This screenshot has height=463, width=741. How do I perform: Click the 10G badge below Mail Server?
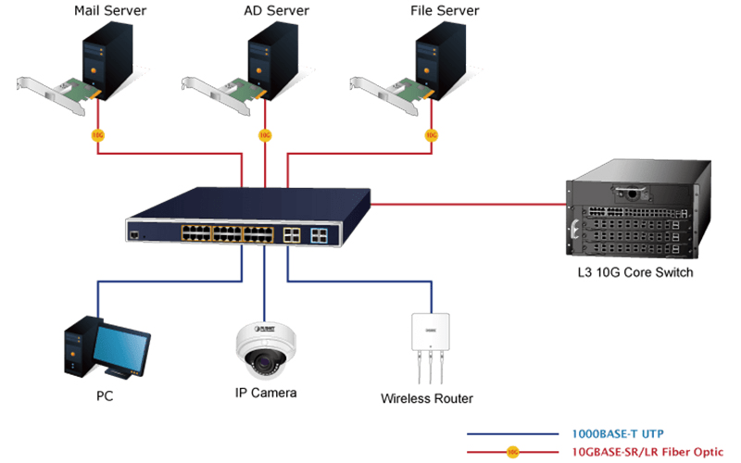tap(98, 135)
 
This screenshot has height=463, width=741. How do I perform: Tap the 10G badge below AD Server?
tap(265, 135)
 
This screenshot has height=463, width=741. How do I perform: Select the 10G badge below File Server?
tap(432, 135)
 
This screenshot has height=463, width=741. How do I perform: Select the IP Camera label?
tap(265, 393)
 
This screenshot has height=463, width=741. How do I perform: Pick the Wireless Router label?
tap(427, 399)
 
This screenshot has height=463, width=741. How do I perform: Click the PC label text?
tap(105, 397)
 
